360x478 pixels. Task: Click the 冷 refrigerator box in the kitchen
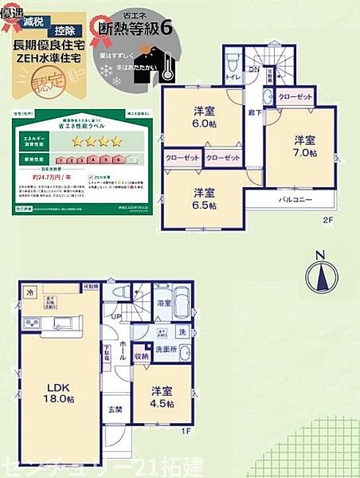pos(29,292)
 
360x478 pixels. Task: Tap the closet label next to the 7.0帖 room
pos(295,97)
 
